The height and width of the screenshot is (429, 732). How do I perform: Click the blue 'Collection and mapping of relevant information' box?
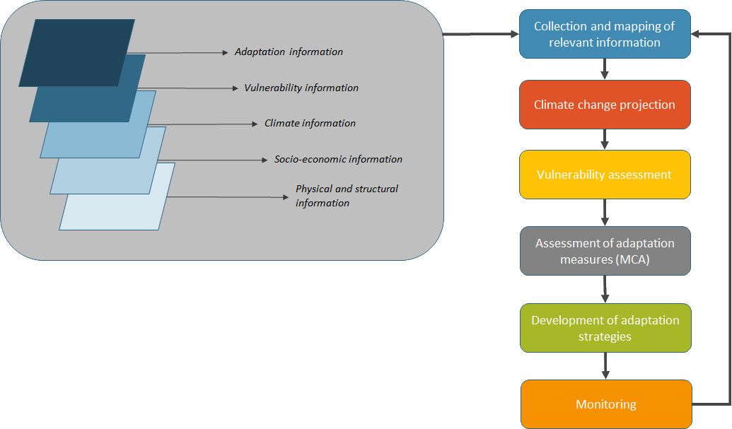click(605, 34)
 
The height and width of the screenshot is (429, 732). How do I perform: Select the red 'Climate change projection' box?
click(605, 105)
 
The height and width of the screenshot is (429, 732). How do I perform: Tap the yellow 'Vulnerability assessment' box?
click(605, 175)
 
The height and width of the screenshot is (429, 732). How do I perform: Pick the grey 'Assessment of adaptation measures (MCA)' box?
click(605, 251)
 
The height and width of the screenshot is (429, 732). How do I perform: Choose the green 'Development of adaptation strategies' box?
click(605, 328)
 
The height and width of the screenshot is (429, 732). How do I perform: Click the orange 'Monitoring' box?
click(606, 404)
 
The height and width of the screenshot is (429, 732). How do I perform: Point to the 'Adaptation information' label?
click(289, 52)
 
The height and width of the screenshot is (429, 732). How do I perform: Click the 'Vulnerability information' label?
click(301, 88)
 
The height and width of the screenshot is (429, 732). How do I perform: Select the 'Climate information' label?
click(310, 123)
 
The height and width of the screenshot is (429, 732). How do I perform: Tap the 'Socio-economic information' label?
click(338, 159)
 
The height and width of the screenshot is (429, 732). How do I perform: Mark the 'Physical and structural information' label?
click(347, 196)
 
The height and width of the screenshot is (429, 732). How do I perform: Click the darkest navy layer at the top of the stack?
click(77, 53)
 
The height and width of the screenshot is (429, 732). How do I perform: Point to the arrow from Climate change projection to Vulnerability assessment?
click(605, 139)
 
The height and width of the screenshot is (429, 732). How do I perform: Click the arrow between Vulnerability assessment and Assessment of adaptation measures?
click(605, 213)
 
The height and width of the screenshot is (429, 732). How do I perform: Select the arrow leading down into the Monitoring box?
click(605, 366)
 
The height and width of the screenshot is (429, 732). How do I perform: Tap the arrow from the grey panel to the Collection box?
click(481, 34)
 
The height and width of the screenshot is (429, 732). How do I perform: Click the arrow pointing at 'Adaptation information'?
click(178, 53)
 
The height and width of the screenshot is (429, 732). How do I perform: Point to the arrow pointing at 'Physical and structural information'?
click(228, 196)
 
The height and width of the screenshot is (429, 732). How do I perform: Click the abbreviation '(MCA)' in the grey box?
click(632, 259)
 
